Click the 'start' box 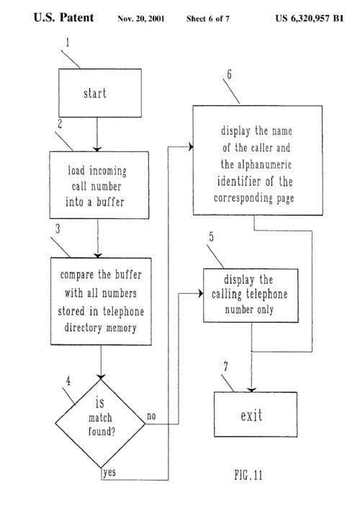coord(100,93)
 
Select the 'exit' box coord(256,415)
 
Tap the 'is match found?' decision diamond coord(100,424)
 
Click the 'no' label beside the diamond coord(151,416)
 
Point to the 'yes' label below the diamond coord(109,473)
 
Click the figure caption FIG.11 coord(248,475)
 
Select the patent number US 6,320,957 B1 coord(310,18)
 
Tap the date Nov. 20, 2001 coord(141,19)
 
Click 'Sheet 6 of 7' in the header coord(208,19)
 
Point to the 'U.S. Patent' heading coord(63,17)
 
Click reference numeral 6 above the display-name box coord(230,74)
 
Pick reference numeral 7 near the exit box coord(225,367)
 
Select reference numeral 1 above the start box coord(68,43)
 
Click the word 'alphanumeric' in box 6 coord(265,165)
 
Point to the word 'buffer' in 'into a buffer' coord(110,202)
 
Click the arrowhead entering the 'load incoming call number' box coord(97,149)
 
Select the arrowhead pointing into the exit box coord(251,390)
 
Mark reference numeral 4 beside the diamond coord(68,381)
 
